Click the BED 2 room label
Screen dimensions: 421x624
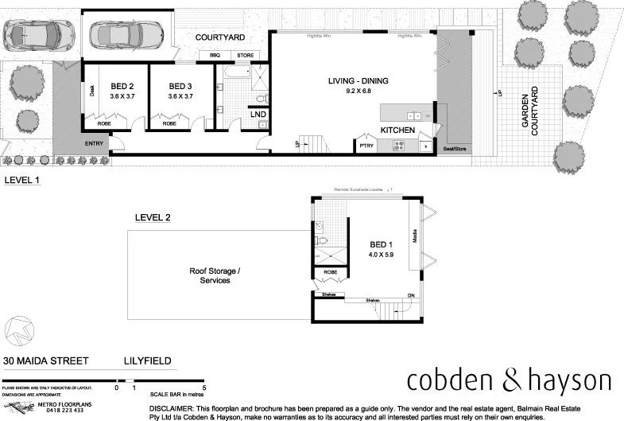pyautogui.click(x=122, y=86)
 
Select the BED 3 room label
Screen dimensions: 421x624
pyautogui.click(x=180, y=86)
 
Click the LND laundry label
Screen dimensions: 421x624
pyautogui.click(x=258, y=115)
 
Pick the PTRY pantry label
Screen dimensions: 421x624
pyautogui.click(x=366, y=145)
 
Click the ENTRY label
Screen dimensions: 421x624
pyautogui.click(x=94, y=143)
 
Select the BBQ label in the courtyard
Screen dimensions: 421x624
pyautogui.click(x=215, y=55)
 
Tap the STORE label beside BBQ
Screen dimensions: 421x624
pyautogui.click(x=245, y=55)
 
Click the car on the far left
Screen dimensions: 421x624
pyautogui.click(x=33, y=33)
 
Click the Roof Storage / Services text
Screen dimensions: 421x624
pyautogui.click(x=215, y=276)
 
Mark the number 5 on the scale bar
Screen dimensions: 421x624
pyautogui.click(x=205, y=388)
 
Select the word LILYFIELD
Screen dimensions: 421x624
pyautogui.click(x=147, y=361)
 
